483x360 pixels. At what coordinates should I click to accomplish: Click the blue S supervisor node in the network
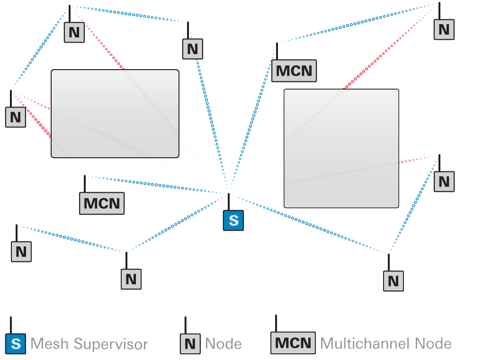point(233,220)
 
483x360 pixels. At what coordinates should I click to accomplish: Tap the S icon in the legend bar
point(16,343)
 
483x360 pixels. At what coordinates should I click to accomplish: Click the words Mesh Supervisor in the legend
point(89,344)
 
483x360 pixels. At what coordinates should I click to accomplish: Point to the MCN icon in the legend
point(293,342)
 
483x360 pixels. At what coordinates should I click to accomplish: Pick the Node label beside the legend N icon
point(224,344)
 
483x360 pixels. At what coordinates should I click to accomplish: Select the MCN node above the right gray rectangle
point(294,71)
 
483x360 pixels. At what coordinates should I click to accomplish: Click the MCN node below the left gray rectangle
point(102,203)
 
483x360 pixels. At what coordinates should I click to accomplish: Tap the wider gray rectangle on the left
point(115,114)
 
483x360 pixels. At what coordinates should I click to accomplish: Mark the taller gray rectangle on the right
point(341,148)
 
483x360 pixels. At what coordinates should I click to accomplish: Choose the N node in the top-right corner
point(444,29)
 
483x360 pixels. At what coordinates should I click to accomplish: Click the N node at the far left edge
point(15,117)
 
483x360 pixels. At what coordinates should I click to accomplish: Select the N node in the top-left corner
point(74,32)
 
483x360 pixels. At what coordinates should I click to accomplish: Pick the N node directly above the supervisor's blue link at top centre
point(192,49)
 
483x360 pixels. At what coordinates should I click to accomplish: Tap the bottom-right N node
point(393,281)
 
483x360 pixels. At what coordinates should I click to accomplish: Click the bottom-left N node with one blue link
point(21,252)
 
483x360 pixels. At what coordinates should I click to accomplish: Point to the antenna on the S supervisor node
point(229,202)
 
